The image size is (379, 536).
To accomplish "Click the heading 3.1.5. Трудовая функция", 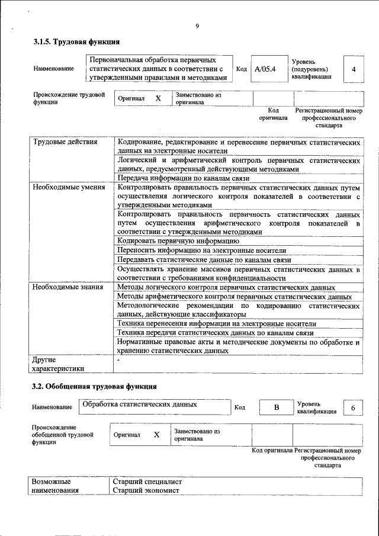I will [x=76, y=42].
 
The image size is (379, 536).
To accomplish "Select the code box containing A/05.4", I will [x=265, y=69].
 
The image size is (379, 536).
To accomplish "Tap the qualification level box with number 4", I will [x=354, y=69].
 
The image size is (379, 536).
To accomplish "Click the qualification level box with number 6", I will [x=353, y=408].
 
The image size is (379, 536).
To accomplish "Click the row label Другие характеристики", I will [x=58, y=364].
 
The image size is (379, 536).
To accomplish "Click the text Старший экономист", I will [x=146, y=491].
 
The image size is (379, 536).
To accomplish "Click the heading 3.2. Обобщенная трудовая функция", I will [x=94, y=386].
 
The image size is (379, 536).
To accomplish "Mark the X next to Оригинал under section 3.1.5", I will [x=158, y=98].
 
